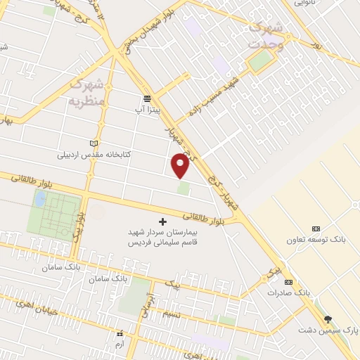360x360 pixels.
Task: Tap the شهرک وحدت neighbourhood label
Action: click(266, 34)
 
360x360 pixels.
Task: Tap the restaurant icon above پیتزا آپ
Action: click(147, 98)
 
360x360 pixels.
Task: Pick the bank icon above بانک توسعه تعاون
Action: click(315, 229)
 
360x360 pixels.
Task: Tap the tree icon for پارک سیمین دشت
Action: click(328, 319)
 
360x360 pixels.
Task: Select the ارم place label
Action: click(120, 344)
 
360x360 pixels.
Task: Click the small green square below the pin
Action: click(183, 188)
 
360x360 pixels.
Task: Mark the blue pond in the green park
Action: click(40, 199)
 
